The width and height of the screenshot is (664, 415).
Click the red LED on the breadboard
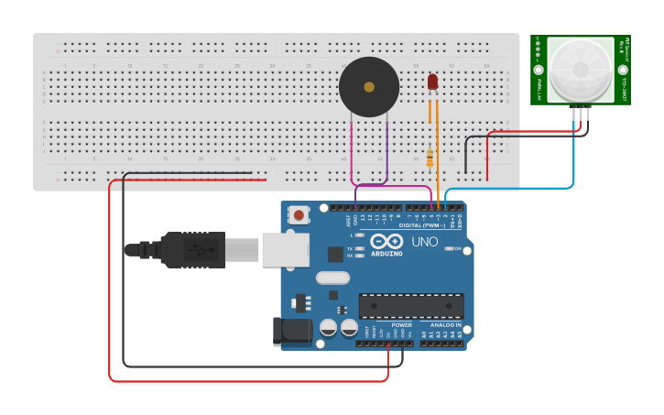[433, 82]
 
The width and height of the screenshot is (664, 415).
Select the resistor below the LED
[430, 158]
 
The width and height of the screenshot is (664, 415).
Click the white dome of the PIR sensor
[580, 70]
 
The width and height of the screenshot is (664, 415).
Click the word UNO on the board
[424, 242]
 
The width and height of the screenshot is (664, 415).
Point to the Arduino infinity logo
[386, 241]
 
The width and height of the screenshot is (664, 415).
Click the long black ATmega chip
[410, 306]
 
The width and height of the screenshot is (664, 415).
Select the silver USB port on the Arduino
[285, 249]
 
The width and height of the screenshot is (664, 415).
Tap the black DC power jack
[290, 332]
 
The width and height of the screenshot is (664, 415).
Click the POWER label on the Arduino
[401, 325]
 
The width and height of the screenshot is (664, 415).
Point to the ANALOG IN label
[446, 325]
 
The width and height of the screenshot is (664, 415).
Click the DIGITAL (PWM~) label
[422, 224]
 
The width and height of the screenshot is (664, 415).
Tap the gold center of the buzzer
[369, 87]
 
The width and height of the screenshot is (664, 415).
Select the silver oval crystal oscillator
[332, 278]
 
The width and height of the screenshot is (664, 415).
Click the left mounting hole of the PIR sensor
[538, 70]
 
